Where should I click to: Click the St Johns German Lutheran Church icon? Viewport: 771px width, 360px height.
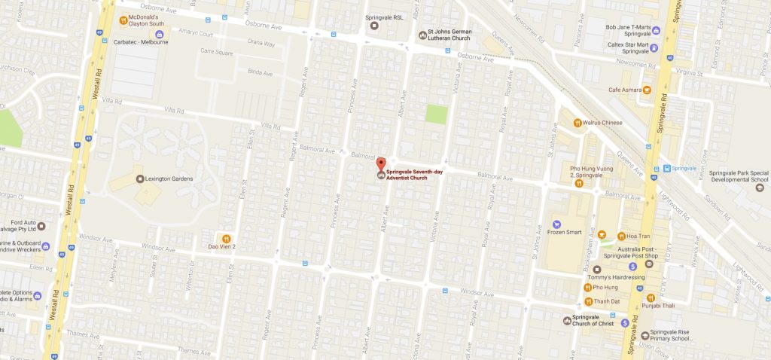pos(422,35)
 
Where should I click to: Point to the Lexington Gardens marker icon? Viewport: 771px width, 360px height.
pos(139,178)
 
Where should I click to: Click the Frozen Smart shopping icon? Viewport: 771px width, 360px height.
pos(556,224)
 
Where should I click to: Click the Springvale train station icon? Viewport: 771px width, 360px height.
pos(657,168)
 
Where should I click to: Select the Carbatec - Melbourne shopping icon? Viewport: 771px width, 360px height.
pos(160,33)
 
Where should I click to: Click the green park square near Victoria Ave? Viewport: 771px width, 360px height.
pos(436,114)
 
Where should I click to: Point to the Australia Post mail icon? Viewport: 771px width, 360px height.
pos(649,264)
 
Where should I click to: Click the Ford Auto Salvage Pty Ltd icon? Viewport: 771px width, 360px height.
pos(41,226)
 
